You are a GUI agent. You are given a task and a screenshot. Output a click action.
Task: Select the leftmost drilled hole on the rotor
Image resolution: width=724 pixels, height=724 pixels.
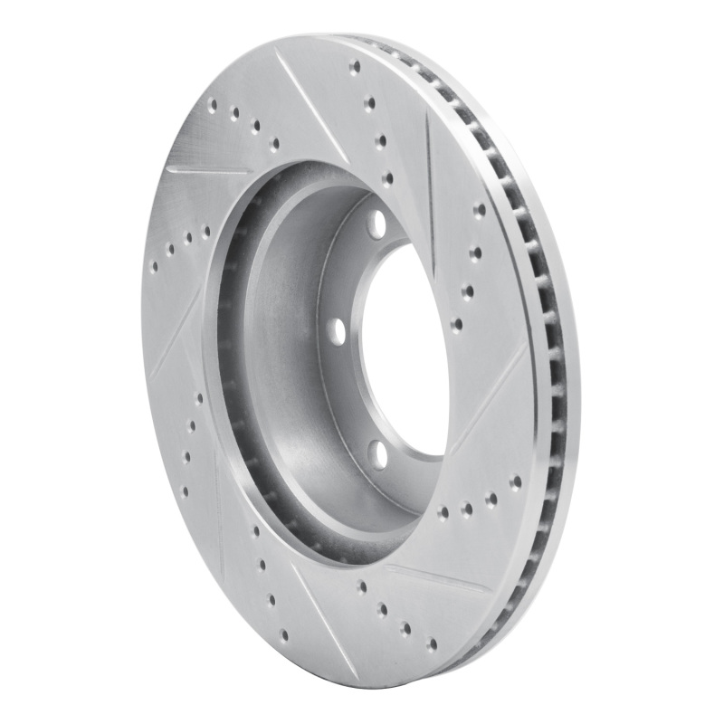tap(152, 268)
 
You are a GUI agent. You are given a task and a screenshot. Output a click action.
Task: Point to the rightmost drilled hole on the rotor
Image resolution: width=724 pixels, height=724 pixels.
tap(517, 481)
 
